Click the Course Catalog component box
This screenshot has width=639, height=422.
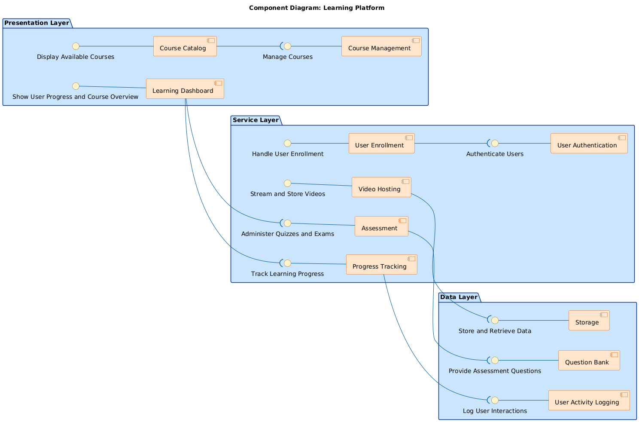(185, 46)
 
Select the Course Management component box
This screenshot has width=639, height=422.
(381, 46)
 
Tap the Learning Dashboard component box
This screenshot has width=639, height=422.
(185, 89)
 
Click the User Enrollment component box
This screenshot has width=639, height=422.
(381, 143)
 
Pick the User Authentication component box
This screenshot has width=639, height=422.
(589, 143)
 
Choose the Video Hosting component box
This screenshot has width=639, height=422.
(381, 187)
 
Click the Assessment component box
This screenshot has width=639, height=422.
(381, 226)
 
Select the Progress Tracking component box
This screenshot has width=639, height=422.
(381, 265)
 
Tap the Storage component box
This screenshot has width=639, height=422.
(589, 321)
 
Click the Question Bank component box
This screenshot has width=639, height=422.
(589, 361)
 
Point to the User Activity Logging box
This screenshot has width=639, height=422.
(589, 401)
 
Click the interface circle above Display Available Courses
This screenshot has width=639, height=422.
(76, 46)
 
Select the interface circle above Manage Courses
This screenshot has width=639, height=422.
(288, 46)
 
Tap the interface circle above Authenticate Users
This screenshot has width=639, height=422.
(495, 143)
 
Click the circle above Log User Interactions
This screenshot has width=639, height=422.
(495, 401)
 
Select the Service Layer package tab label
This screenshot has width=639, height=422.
(255, 120)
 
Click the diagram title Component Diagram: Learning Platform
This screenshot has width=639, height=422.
(316, 8)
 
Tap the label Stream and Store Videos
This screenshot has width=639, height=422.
(287, 194)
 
